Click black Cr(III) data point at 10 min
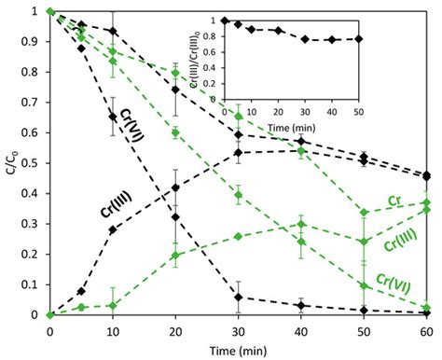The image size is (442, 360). point(113,229)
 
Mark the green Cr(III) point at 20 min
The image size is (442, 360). point(175,256)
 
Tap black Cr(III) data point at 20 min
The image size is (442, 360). point(175,187)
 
